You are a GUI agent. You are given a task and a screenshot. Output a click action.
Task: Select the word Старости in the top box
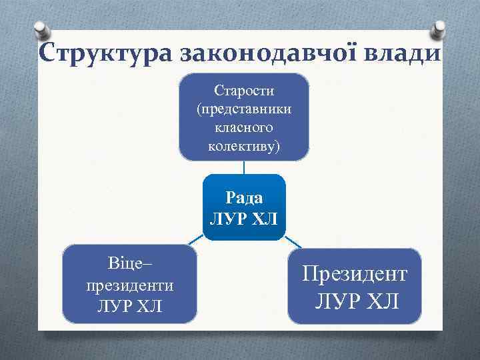pyautogui.click(x=244, y=90)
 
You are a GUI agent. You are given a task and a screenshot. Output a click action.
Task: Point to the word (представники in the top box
pyautogui.click(x=244, y=109)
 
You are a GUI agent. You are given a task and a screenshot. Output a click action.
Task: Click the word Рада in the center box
pyautogui.click(x=244, y=197)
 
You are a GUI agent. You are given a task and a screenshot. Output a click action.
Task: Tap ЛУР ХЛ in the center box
pyautogui.click(x=244, y=218)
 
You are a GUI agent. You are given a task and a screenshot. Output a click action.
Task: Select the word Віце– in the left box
pyautogui.click(x=129, y=264)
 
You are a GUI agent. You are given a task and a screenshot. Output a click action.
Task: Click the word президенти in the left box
pyautogui.click(x=129, y=285)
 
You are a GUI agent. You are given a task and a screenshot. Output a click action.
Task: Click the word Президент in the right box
pyautogui.click(x=355, y=273)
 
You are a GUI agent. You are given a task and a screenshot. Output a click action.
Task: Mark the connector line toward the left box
pyautogui.click(x=194, y=239)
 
